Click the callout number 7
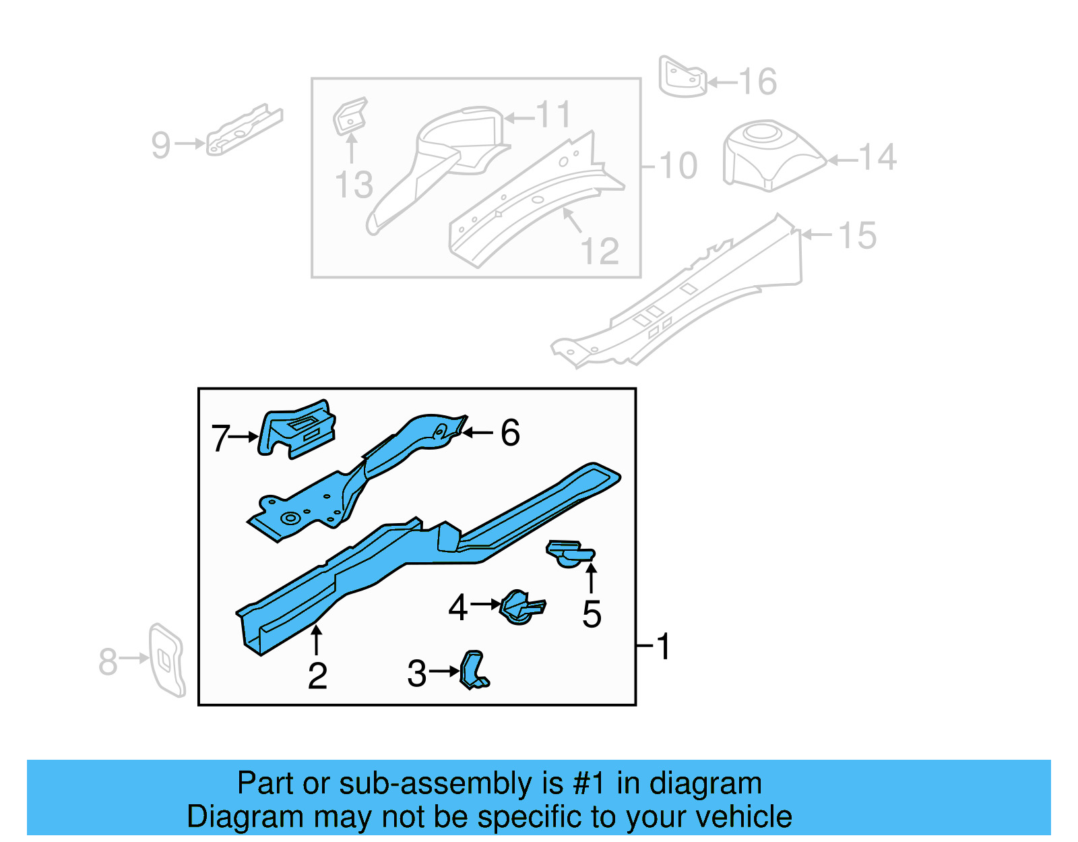220,438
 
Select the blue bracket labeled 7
296,429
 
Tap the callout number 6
510,433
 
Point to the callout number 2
317,676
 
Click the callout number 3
417,673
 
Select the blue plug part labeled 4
521,607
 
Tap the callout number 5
592,614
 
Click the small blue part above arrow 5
570,553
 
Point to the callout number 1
664,646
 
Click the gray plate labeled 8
166,659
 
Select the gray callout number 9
161,145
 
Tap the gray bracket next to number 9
244,131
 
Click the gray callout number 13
354,185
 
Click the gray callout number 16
758,82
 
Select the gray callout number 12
599,251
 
